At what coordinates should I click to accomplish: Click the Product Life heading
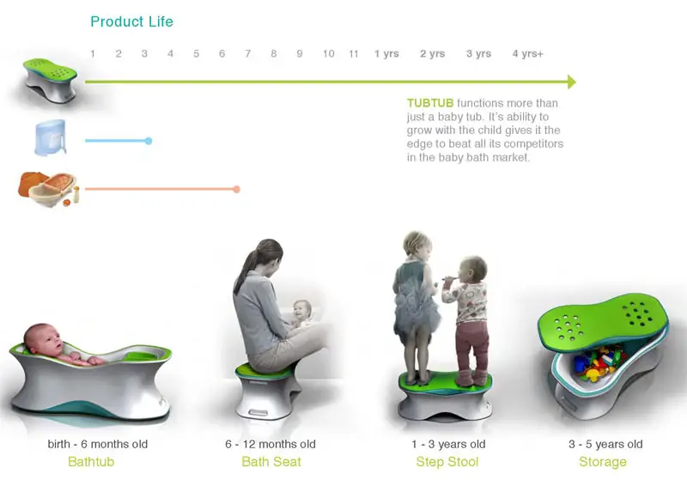tap(131, 21)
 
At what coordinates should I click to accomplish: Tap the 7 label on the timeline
tap(248, 53)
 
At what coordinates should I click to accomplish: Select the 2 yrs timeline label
tap(433, 53)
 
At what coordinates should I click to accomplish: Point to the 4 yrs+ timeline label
tap(528, 53)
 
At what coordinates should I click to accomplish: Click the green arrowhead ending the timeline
tap(572, 82)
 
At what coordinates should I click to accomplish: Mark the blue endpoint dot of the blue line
tap(149, 141)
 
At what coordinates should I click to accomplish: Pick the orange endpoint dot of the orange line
tap(237, 189)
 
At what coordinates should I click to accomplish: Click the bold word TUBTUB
tap(430, 103)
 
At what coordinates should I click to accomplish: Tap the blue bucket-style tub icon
tap(51, 137)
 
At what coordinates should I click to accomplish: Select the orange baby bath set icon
tap(49, 188)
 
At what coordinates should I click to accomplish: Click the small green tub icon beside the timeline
tap(50, 81)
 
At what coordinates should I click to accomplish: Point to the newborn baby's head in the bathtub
tap(43, 340)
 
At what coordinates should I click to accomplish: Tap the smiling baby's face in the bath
tap(302, 312)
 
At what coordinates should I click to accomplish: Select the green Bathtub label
tap(91, 461)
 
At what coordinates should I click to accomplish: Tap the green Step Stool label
tap(447, 462)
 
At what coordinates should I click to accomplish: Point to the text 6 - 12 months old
tap(271, 444)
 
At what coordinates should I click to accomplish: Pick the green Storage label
tap(603, 462)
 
